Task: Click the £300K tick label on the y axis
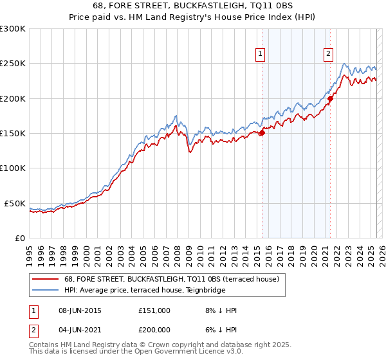(13, 29)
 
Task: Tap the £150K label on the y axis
(13, 134)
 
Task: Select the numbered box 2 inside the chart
(328, 55)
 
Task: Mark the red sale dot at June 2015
(262, 132)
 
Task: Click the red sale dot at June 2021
(330, 98)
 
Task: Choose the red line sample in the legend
(46, 279)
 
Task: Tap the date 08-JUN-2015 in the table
(80, 310)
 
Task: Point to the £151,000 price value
(154, 310)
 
